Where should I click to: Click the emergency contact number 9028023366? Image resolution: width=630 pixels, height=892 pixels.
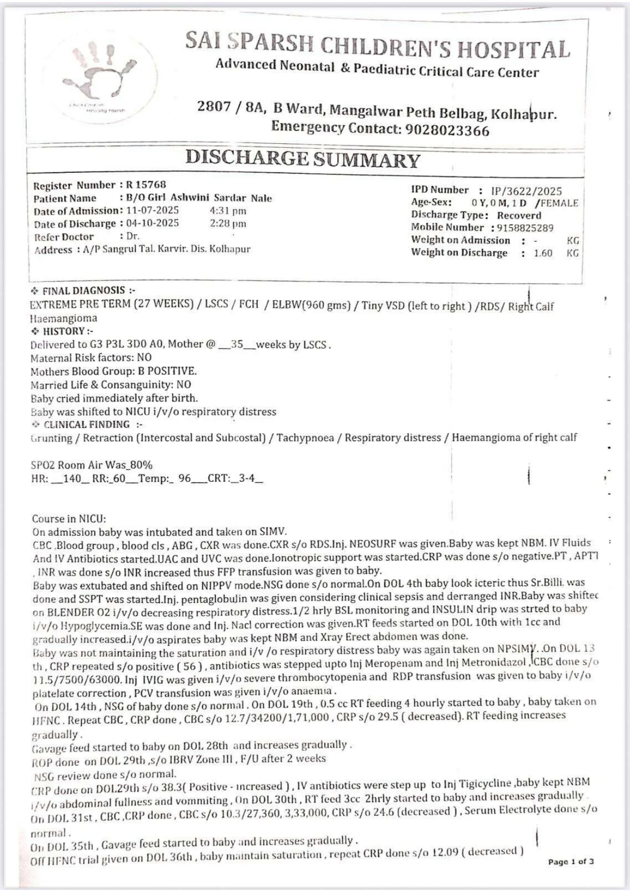447,130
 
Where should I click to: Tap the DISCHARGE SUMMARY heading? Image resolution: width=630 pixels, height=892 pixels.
302,159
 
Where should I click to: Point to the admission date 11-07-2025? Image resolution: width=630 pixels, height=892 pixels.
152,210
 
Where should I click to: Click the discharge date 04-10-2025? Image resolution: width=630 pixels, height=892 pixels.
152,224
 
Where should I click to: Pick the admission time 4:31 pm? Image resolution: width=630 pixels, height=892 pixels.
228,210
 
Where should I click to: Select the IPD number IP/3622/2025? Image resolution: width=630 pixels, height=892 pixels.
526,191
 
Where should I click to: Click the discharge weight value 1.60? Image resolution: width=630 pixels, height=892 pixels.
543,253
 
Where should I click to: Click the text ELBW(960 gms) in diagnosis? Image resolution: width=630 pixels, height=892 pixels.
311,305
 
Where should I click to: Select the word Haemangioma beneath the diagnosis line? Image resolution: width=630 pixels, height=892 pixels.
64,319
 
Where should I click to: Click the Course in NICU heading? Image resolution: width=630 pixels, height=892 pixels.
69,519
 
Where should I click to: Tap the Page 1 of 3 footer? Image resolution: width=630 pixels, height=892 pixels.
571,862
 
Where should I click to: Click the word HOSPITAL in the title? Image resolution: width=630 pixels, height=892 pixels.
513,49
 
